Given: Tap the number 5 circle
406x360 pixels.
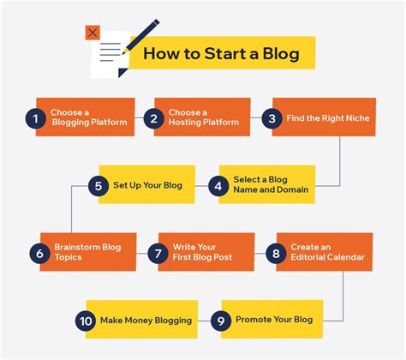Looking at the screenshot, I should pyautogui.click(x=99, y=184).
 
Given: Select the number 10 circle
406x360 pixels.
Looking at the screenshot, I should pyautogui.click(x=86, y=321).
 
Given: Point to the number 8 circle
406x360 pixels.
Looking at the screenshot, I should pyautogui.click(x=274, y=253).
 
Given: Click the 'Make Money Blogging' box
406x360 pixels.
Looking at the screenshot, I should pyautogui.click(x=146, y=321).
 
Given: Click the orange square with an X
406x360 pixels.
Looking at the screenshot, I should pyautogui.click(x=93, y=33).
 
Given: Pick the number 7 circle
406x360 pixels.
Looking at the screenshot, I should pyautogui.click(x=157, y=253).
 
